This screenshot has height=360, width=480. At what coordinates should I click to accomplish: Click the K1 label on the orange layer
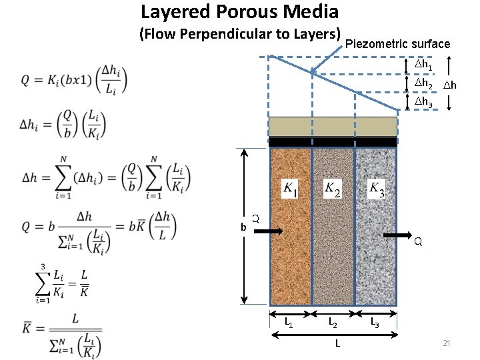pos(291,189)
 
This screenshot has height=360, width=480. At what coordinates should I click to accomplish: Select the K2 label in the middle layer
pos(333,189)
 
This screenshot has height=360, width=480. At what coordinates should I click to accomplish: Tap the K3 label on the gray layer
pos(377,189)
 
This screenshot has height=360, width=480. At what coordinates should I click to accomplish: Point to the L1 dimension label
pos(290,324)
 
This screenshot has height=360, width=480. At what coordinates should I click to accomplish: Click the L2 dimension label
pos(333,324)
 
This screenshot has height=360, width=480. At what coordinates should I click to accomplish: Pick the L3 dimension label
pos(375,324)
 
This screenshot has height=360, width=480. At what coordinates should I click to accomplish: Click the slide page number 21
pos(447,343)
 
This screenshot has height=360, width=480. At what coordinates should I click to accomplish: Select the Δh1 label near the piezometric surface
pos(424,66)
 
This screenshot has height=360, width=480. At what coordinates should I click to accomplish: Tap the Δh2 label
pos(424,85)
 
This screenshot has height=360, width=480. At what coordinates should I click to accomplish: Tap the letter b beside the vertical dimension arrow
pos(243,227)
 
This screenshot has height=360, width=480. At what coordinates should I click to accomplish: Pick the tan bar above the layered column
pos(333,127)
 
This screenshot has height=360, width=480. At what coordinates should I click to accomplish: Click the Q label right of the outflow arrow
pos(417,242)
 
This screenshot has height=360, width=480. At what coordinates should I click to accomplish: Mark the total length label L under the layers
pos(338,343)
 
